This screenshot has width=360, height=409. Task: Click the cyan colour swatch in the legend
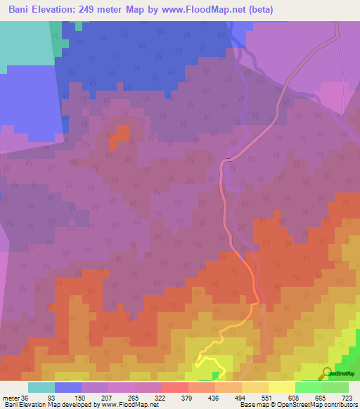click(41, 387)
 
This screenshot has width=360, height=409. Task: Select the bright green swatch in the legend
click(308, 387)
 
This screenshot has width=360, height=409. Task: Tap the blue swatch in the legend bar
click(68, 387)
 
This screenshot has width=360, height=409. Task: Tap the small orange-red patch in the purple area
click(120, 136)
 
